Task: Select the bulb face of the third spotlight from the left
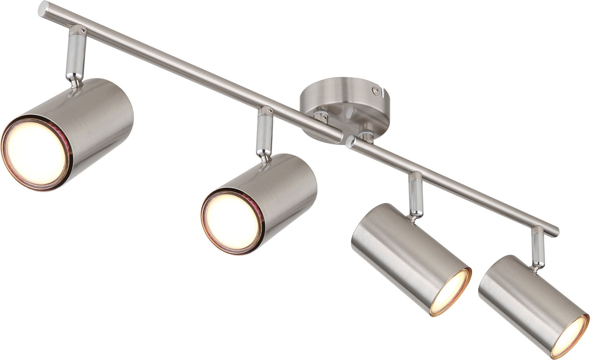(x=451, y=293)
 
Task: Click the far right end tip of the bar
(x=556, y=231)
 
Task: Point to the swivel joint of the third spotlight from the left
(x=414, y=213)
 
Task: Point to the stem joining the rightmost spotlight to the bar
(x=537, y=244)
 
